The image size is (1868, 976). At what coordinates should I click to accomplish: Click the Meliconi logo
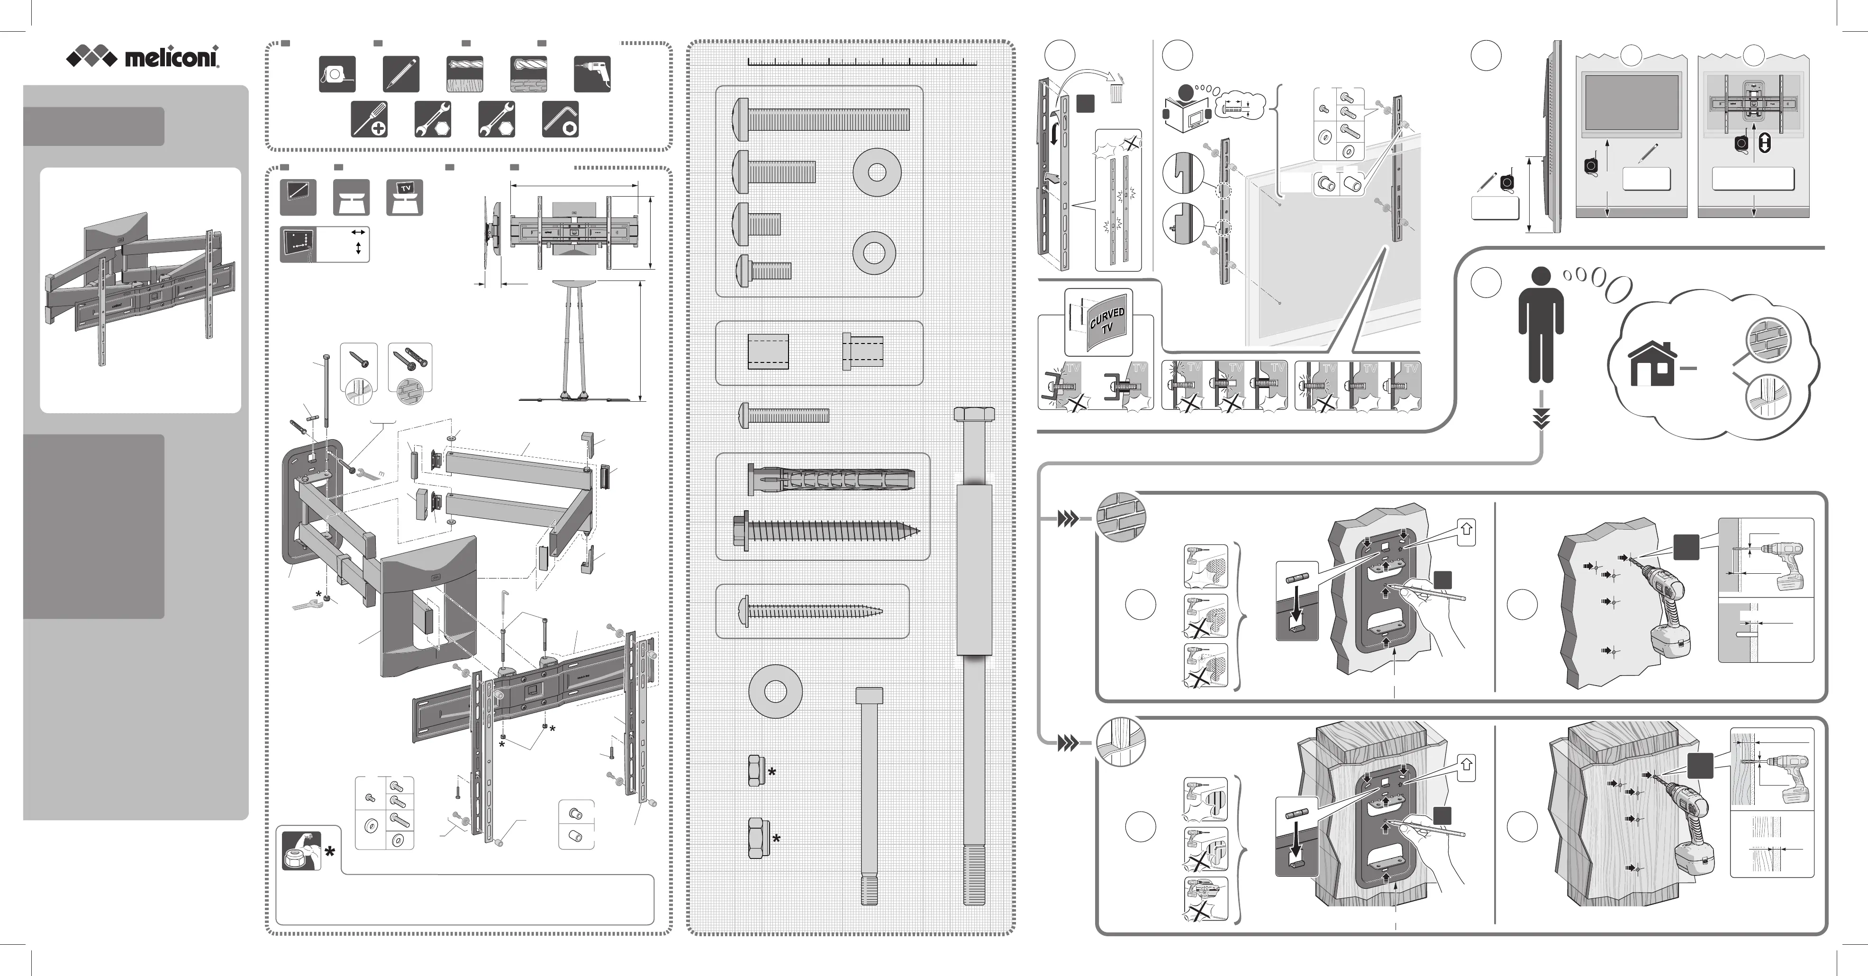143,56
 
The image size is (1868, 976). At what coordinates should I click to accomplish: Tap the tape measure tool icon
337,74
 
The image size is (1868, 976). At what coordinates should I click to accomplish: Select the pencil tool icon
401,74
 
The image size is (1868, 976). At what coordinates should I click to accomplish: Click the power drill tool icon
592,74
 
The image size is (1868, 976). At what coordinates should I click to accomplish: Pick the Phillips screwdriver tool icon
369,119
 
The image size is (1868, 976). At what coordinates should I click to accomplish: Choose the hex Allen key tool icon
561,119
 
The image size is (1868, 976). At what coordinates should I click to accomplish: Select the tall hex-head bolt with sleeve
974,656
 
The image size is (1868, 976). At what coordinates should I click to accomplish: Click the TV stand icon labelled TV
405,197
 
